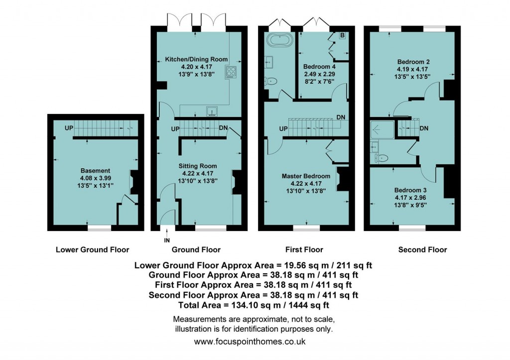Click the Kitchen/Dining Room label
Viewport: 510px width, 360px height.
click(x=196, y=59)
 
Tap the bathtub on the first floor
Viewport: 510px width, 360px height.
click(x=280, y=41)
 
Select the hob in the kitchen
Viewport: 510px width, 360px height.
click(x=231, y=72)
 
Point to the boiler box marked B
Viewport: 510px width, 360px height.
click(x=342, y=35)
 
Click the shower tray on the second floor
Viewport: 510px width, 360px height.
click(x=382, y=130)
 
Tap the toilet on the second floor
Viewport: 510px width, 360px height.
click(x=382, y=158)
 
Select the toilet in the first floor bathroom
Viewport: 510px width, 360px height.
click(x=270, y=81)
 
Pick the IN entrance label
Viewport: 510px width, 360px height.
click(x=167, y=240)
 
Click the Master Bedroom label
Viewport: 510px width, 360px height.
click(x=306, y=176)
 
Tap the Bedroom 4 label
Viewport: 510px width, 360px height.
click(x=319, y=67)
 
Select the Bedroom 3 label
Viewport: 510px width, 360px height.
click(x=410, y=190)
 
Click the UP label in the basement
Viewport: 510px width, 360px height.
click(x=69, y=128)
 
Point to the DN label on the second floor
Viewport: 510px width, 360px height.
click(x=424, y=128)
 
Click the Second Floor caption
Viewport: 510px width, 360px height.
click(x=422, y=250)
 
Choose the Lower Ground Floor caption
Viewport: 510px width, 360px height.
click(x=92, y=250)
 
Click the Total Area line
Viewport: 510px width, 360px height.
click(x=254, y=305)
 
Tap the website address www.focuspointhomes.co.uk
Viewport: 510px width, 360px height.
click(x=250, y=342)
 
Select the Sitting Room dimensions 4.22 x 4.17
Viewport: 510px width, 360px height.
click(x=198, y=173)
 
